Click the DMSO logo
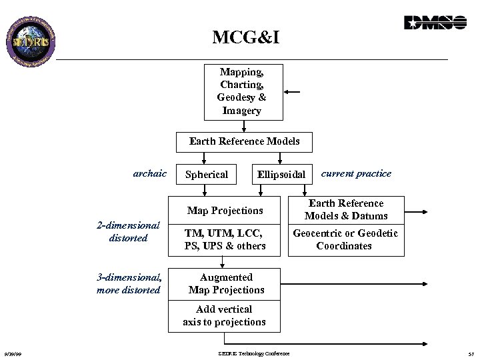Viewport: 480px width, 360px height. [x=435, y=23]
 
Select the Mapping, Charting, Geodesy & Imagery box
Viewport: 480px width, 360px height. [x=241, y=91]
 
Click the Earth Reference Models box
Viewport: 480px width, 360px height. [x=244, y=141]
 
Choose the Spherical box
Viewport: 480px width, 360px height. [x=206, y=175]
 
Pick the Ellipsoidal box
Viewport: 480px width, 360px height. [x=281, y=175]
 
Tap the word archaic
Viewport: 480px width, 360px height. [x=149, y=173]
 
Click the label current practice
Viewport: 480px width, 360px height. [x=356, y=173]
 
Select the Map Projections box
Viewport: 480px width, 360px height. [x=225, y=211]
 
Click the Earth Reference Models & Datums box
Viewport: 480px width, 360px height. [x=345, y=209]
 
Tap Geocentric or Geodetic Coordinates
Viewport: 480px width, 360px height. [x=345, y=240]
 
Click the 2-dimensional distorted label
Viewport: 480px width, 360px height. [x=128, y=232]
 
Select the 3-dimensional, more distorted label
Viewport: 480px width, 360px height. [x=129, y=283]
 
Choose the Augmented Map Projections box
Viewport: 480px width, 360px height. [x=226, y=283]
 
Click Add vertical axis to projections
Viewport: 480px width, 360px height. [x=224, y=315]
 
